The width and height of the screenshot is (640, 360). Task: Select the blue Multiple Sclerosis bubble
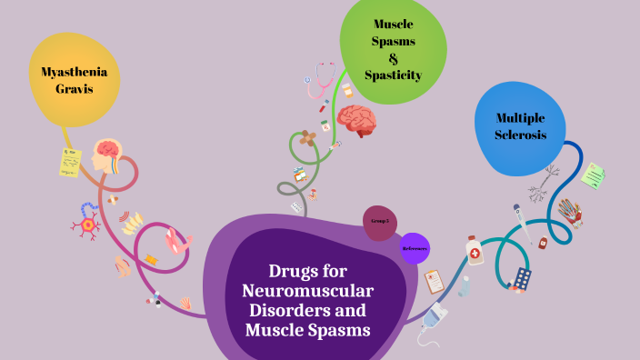[x=520, y=127]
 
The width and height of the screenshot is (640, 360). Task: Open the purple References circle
[x=415, y=248]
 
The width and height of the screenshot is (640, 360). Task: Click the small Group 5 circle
[x=380, y=222]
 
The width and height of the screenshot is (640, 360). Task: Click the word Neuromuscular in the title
[x=308, y=291]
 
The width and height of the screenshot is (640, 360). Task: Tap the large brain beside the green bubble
[x=356, y=120]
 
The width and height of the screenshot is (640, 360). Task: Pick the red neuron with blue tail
[x=87, y=223]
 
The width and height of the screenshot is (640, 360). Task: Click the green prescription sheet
[x=594, y=175]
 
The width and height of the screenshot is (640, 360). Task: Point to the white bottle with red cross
[x=475, y=250]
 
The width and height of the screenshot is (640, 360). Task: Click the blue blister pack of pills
[x=522, y=278]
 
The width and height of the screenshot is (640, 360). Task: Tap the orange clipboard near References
[x=435, y=281]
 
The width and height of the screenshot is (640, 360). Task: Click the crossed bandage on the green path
[x=308, y=139]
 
